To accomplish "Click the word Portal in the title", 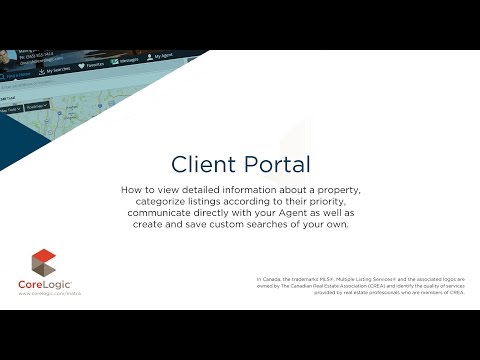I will (x=274, y=163).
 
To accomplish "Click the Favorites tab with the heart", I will (x=91, y=67).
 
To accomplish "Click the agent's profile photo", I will (x=7, y=57).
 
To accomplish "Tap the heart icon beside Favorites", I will (x=80, y=66).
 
